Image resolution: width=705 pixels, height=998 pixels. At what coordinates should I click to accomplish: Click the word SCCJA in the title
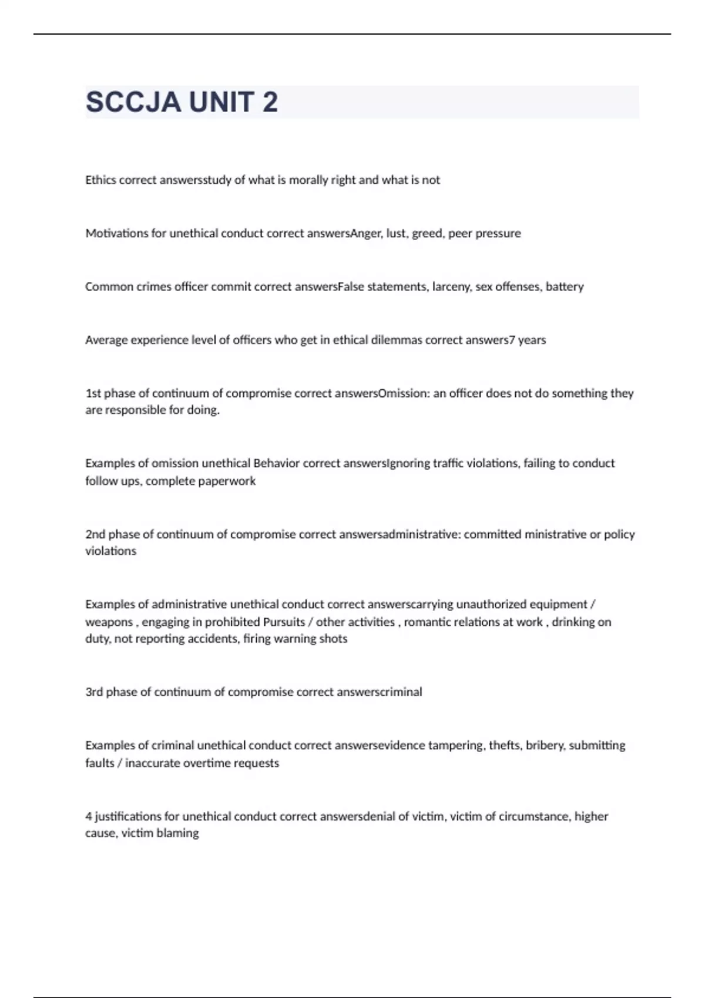pos(133,102)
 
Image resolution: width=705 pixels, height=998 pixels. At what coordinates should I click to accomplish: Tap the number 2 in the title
pos(270,102)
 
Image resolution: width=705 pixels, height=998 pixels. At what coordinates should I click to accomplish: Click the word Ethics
pos(100,180)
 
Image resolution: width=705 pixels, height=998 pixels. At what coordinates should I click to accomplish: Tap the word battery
pos(565,287)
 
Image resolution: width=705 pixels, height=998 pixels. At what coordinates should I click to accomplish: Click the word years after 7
pos(532,340)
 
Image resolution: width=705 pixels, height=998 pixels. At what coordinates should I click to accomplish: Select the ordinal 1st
pos(93,393)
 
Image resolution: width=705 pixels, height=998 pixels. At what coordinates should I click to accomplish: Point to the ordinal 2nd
pos(95,534)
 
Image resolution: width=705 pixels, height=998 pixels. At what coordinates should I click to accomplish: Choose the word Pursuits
pos(284,622)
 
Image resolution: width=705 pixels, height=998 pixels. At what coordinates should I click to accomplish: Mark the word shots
pos(333,639)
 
